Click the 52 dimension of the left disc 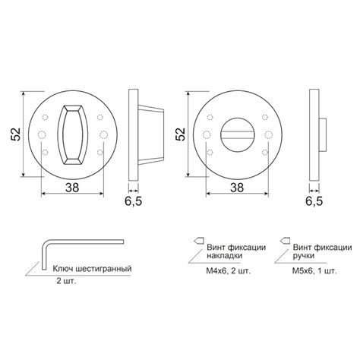tap(15, 134)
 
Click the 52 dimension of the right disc tap(181, 134)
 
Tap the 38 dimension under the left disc tap(72, 188)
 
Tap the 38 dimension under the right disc tap(237, 188)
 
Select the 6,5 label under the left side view tap(134, 201)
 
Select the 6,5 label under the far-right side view tap(314, 201)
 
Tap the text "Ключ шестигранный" tap(92, 268)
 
